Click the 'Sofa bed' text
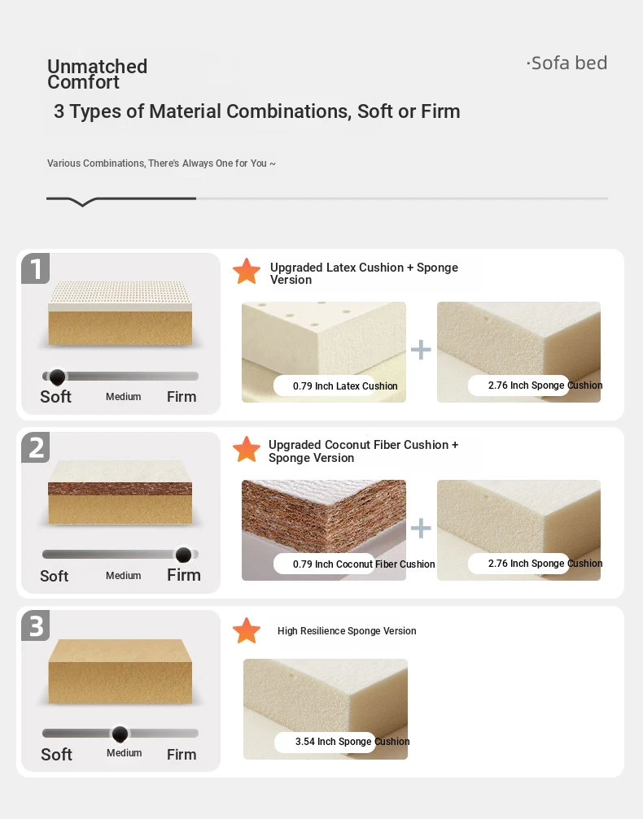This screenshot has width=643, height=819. [569, 63]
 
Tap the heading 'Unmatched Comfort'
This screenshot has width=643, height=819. [97, 74]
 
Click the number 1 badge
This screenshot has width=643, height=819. [36, 268]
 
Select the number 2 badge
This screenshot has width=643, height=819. [36, 447]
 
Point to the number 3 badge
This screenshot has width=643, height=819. [36, 625]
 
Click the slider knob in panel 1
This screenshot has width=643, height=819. [57, 377]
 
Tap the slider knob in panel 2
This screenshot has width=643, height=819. [183, 555]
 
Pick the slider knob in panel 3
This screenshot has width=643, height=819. [120, 734]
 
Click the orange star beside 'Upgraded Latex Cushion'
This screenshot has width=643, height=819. [247, 272]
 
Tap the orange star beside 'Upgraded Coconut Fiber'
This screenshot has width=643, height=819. [247, 450]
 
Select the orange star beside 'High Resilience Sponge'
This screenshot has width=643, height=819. [247, 630]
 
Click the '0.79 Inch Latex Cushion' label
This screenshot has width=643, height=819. [345, 386]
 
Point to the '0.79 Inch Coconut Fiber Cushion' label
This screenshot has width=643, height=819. [364, 564]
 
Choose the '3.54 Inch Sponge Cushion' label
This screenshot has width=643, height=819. [352, 742]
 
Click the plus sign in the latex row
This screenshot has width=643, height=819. [421, 350]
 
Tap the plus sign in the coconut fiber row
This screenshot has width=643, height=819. [421, 528]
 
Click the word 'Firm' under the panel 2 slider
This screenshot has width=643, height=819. [184, 575]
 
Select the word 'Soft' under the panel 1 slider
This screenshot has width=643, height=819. [56, 397]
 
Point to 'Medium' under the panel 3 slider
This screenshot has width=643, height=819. [125, 752]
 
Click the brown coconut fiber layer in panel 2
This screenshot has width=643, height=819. [120, 488]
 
